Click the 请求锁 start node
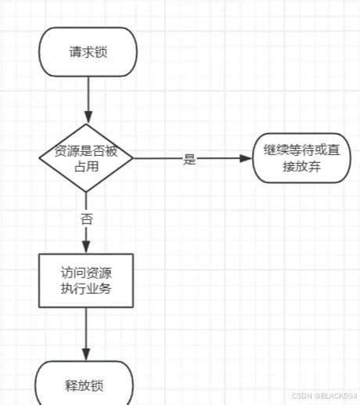(x=88, y=53)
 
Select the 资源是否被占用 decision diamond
(x=86, y=157)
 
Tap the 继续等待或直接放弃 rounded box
(x=301, y=157)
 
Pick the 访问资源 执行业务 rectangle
(x=86, y=280)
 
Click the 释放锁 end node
(x=86, y=385)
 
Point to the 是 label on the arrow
(x=189, y=158)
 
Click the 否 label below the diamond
(x=86, y=219)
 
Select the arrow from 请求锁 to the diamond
(x=87, y=98)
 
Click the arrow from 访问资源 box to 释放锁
(x=86, y=333)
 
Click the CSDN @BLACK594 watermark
(x=325, y=396)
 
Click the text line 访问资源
(x=86, y=273)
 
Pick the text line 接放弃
(x=301, y=166)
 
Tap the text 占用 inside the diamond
(x=86, y=166)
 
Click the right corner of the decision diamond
(x=131, y=157)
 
